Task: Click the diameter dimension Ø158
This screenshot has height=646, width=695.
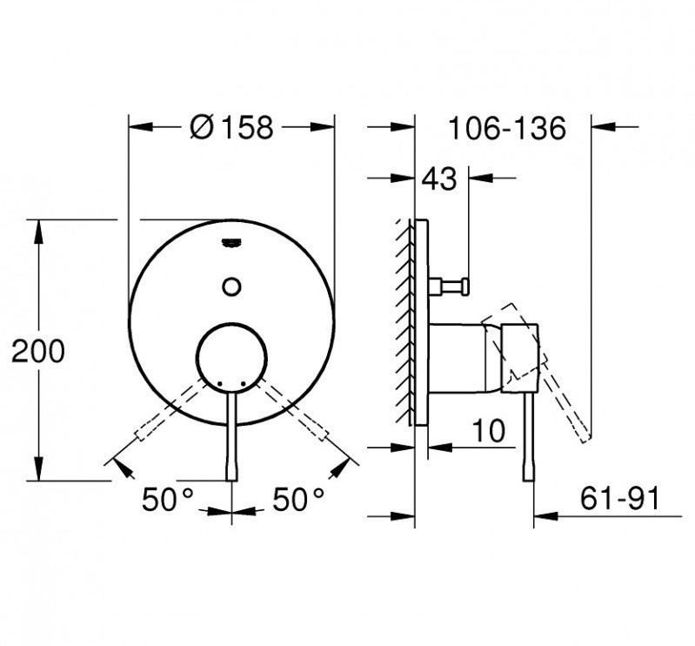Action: pos(231,128)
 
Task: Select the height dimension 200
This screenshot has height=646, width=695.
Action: pos(37,352)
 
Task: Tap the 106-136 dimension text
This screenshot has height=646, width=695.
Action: pos(506,128)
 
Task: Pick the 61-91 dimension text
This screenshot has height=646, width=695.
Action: pos(620,499)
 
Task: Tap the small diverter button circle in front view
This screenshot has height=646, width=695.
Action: pos(231,285)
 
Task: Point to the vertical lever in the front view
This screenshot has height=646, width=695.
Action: pos(231,435)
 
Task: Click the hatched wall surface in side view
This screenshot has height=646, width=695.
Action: pos(404,322)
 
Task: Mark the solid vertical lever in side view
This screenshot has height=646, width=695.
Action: pos(529,435)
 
